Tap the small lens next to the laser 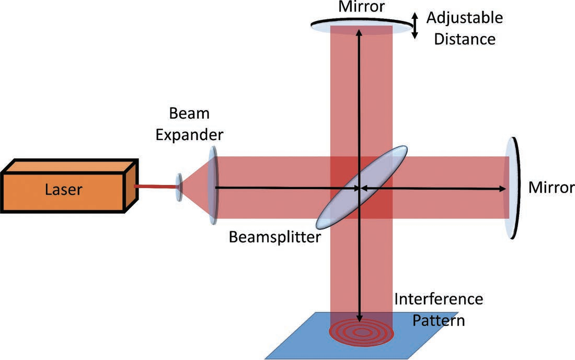tap(179, 187)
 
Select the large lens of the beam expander tap(213, 185)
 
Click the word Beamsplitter tap(274, 238)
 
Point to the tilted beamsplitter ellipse tap(361, 187)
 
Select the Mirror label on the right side tap(551, 187)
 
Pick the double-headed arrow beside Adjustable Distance tap(415, 26)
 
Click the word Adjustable tap(464, 18)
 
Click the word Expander tap(196, 135)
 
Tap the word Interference tap(438, 299)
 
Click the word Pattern tap(439, 319)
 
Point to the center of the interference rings tap(360, 332)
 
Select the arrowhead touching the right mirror tap(503, 188)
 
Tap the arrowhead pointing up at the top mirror tap(359, 32)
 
